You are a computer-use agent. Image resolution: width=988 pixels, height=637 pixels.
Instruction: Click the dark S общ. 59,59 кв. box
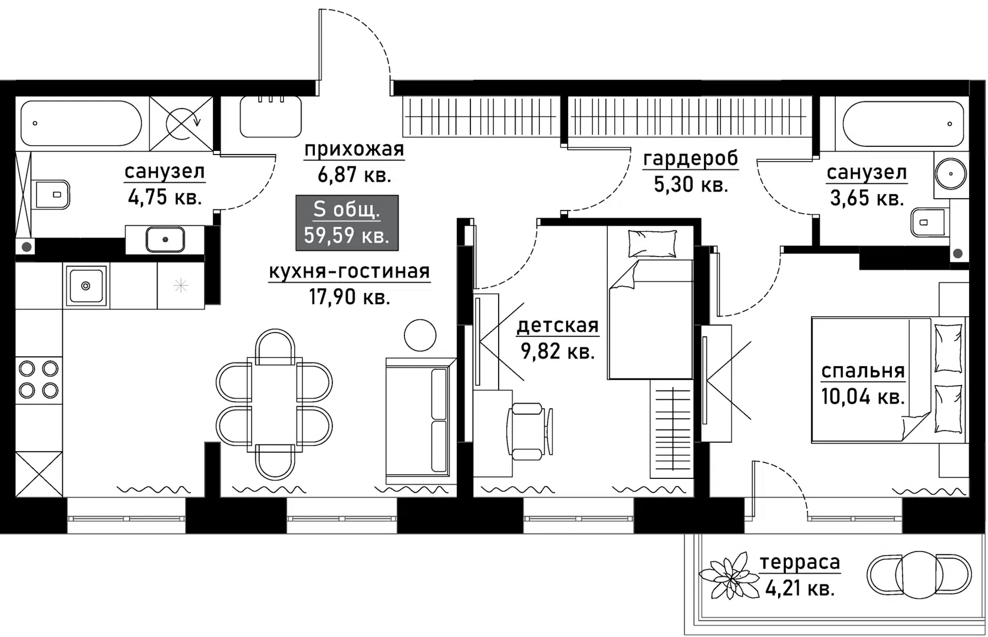click(347, 222)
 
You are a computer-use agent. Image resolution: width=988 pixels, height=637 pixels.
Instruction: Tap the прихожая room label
click(354, 150)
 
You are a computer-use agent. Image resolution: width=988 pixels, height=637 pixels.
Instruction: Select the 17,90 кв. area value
click(350, 297)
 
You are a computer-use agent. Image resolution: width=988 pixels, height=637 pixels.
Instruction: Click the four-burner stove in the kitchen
click(38, 379)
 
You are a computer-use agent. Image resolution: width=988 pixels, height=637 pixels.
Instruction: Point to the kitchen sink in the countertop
click(86, 285)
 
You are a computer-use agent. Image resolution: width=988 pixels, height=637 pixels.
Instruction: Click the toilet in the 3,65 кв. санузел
click(930, 222)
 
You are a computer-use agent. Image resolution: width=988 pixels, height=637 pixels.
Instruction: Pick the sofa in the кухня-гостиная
click(420, 421)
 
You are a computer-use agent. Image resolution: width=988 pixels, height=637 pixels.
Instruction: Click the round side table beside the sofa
click(420, 335)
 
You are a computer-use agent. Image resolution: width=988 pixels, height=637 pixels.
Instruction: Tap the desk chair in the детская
click(529, 431)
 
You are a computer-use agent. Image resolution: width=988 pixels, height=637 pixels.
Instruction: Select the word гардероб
click(690, 159)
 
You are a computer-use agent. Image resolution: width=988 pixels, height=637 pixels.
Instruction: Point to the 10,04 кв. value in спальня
click(862, 396)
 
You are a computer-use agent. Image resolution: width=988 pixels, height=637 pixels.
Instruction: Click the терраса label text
click(799, 563)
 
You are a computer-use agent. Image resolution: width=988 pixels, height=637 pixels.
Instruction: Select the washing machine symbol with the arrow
click(182, 124)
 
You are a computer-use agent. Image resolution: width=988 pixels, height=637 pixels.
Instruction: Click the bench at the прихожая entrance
click(271, 117)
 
